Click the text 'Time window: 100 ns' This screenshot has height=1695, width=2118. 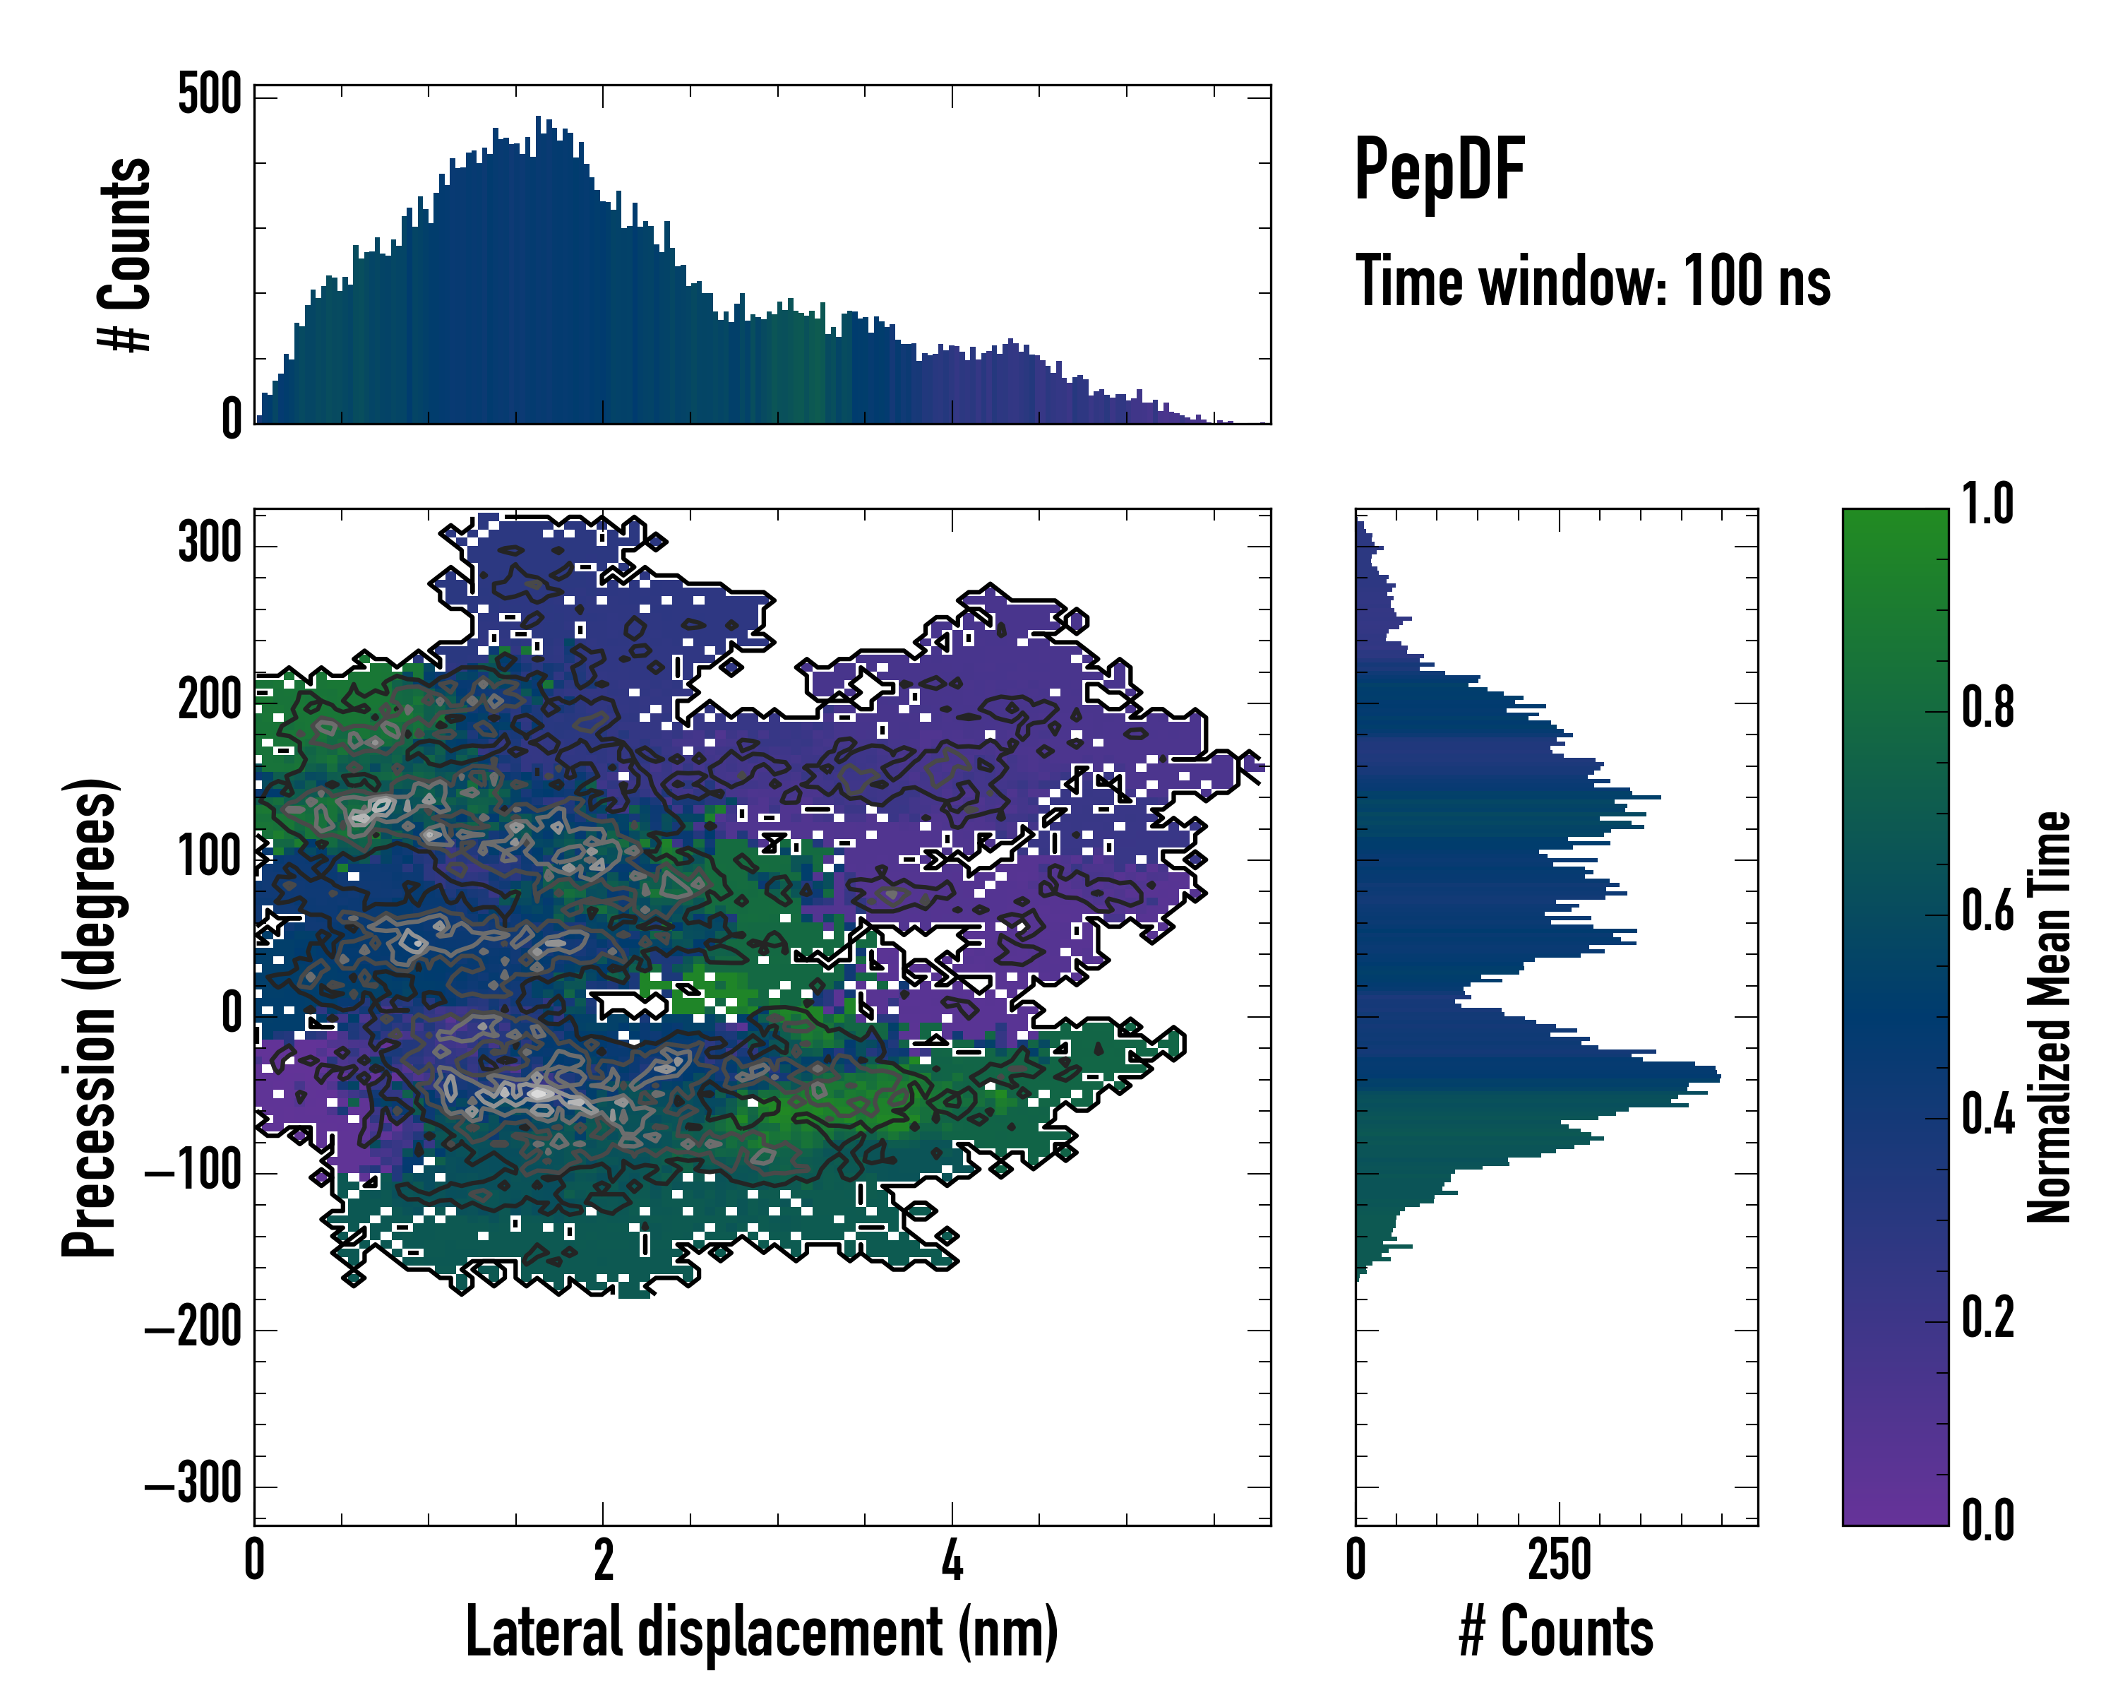tap(1593, 282)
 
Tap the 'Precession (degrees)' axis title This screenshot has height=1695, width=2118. tap(90, 1017)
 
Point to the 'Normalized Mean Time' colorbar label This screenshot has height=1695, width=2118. tap(2050, 1017)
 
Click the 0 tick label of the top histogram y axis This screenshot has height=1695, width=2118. tap(231, 420)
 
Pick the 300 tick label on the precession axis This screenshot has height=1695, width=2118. tap(209, 542)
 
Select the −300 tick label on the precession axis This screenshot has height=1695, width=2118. tap(193, 1484)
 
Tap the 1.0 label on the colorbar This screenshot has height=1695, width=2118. tap(1987, 505)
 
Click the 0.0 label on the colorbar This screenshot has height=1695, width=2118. tap(1987, 1520)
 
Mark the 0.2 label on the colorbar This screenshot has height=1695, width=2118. tap(1987, 1318)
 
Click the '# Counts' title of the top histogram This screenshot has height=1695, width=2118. tap(126, 254)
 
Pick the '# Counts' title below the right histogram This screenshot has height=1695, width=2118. tap(1556, 1632)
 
